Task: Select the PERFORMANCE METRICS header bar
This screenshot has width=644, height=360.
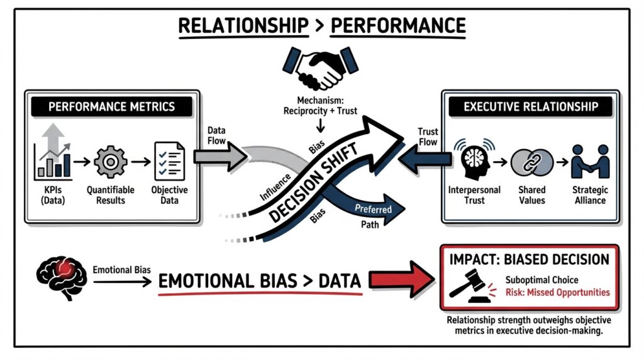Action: tap(113, 106)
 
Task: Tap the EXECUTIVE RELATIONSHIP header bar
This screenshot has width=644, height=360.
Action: tap(531, 106)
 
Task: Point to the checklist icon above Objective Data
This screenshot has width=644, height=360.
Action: tap(169, 161)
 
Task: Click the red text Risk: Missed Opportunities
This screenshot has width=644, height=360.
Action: tap(557, 292)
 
